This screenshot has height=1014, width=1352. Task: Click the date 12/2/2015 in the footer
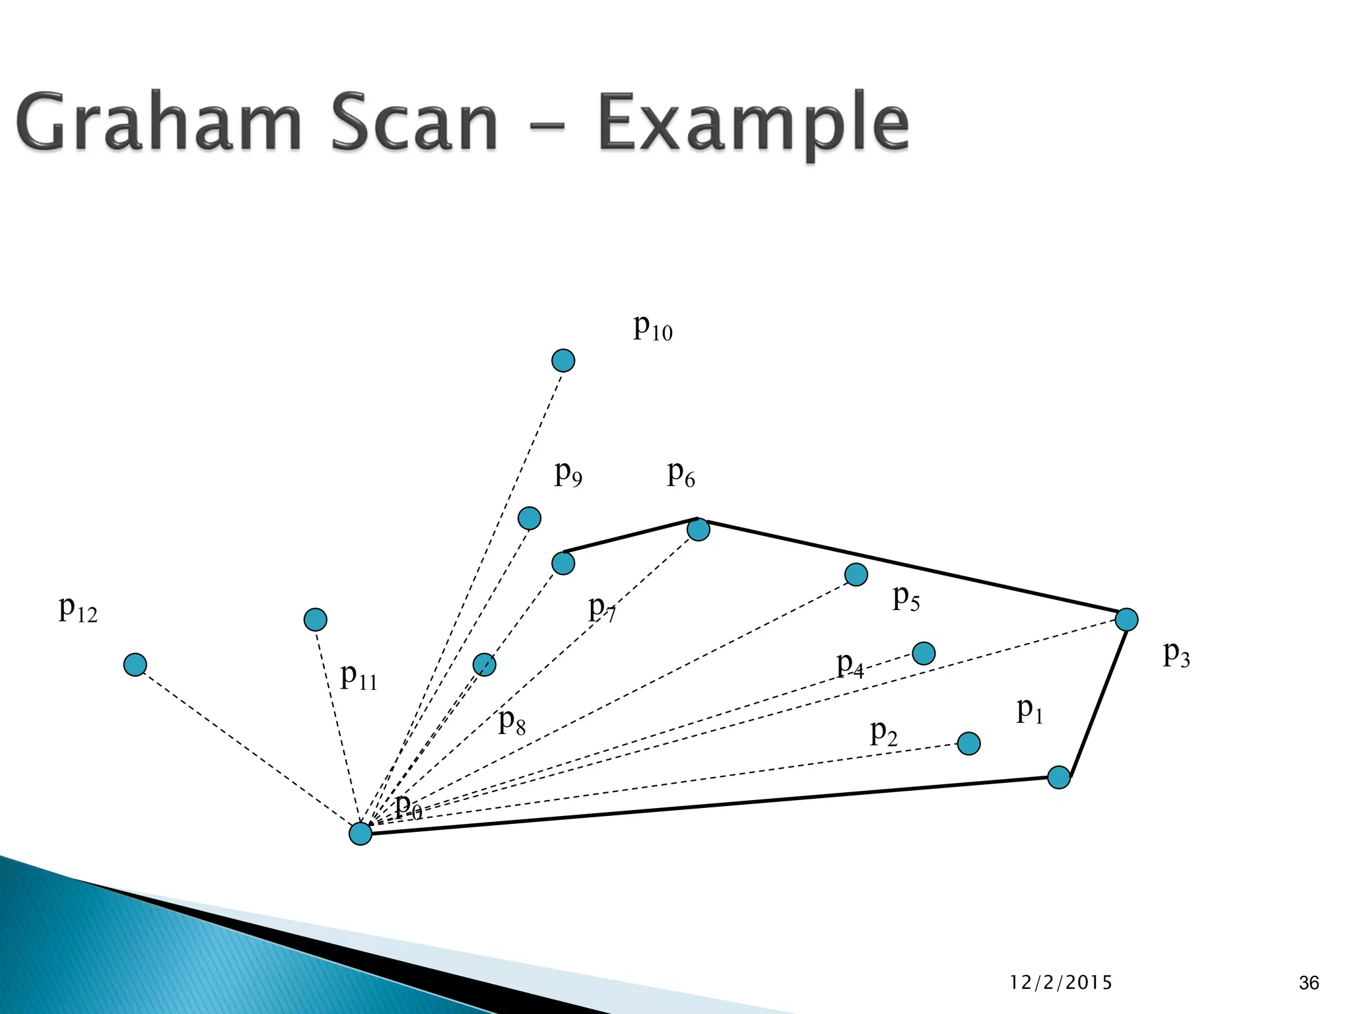[x=1061, y=983]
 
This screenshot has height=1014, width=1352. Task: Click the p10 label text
[x=652, y=327]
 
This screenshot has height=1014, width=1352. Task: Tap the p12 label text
[x=77, y=610]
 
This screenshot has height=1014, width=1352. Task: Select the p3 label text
[x=1176, y=655]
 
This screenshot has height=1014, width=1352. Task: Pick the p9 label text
[x=568, y=473]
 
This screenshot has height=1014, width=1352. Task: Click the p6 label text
[x=681, y=474]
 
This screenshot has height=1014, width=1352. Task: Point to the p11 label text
[x=358, y=677]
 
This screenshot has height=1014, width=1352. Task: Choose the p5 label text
[x=906, y=599]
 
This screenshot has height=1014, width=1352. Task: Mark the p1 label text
[x=1029, y=711]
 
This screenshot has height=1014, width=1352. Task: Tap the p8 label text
[x=512, y=722]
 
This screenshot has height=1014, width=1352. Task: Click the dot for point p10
[x=563, y=360]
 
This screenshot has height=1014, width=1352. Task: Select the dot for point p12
[x=135, y=664]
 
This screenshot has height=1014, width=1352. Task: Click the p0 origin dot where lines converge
[x=360, y=833]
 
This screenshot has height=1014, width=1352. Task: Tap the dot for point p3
[x=1126, y=619]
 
